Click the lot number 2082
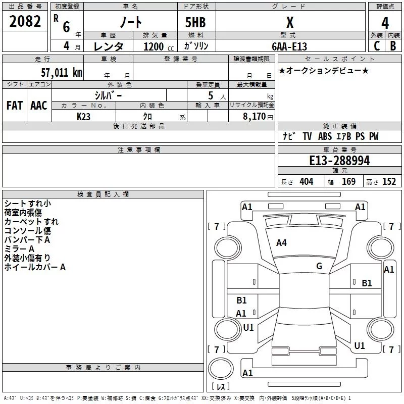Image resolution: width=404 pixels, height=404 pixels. coord(25,21)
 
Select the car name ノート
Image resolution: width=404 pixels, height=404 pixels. coord(131,22)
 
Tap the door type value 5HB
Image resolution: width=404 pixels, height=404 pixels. coord(195,22)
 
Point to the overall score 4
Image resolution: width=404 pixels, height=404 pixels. coord(385,23)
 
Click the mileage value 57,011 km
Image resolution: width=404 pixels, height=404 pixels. coord(62,72)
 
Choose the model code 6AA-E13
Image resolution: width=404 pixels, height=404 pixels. coord(289,46)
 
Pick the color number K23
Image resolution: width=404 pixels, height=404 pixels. coord(83,117)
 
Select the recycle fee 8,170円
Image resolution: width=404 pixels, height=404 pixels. coord(258,117)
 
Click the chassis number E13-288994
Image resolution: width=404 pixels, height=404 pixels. coord(339,161)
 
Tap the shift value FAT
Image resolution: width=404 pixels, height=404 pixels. coord(15,106)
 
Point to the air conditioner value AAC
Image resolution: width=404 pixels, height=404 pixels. coord(39,106)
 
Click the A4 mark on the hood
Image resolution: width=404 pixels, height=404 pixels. coord(281,243)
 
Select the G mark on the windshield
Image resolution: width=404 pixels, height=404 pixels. coord(319,266)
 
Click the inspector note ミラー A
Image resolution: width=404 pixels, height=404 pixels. coord(19,249)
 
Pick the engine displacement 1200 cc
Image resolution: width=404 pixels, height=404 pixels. coord(159,46)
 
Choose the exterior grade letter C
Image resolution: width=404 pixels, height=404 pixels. coord(377,46)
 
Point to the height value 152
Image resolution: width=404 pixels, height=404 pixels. coord(389,181)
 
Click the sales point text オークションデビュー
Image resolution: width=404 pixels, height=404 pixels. coord(324,70)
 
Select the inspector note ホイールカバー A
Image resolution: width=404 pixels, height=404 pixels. coord(35,267)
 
